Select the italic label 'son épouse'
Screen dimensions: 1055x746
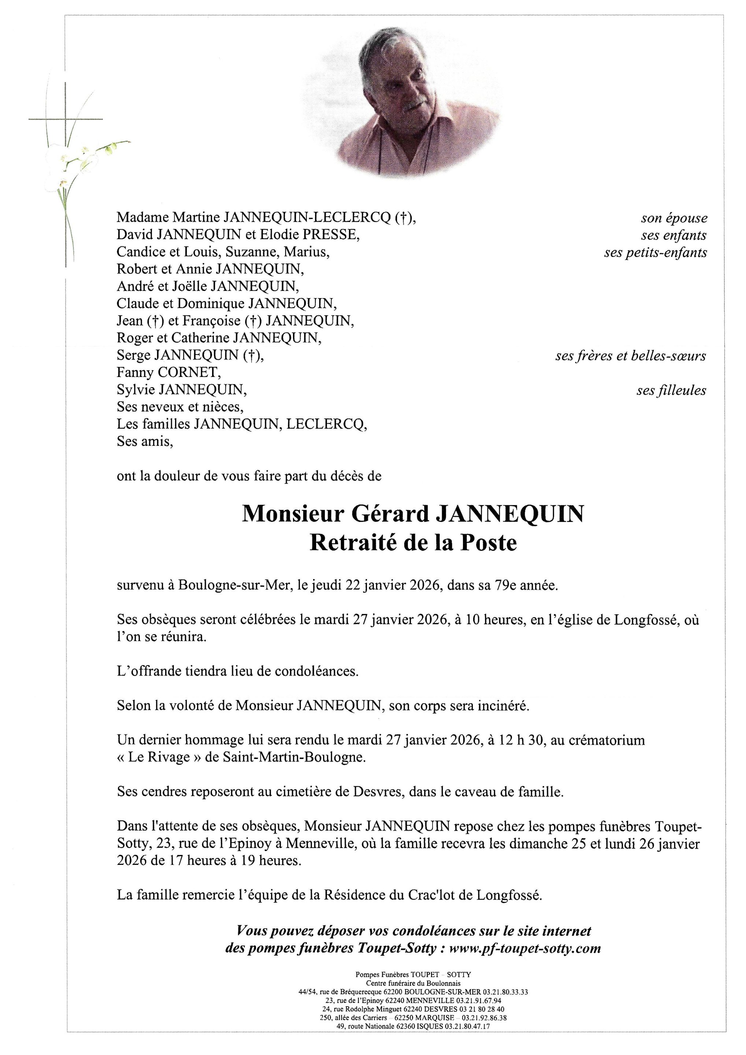pos(674,218)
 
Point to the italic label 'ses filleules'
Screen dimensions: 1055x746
pos(671,390)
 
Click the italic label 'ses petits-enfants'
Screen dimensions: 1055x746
pos(656,252)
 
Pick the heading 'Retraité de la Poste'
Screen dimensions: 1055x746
pos(413,543)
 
